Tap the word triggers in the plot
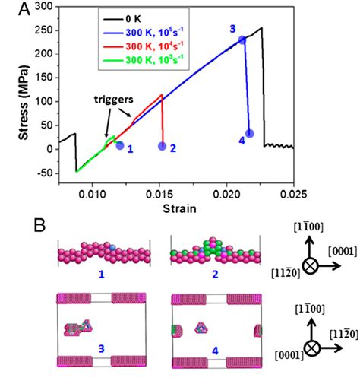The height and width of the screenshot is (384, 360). pos(112,100)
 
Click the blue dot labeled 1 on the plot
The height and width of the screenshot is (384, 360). pos(119,145)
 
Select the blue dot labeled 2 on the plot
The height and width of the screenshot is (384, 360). pos(162,146)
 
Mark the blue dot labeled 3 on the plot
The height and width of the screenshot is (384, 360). pos(242,40)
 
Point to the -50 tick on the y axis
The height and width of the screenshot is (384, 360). pos(43,173)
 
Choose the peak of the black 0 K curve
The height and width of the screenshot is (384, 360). pos(261,28)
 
